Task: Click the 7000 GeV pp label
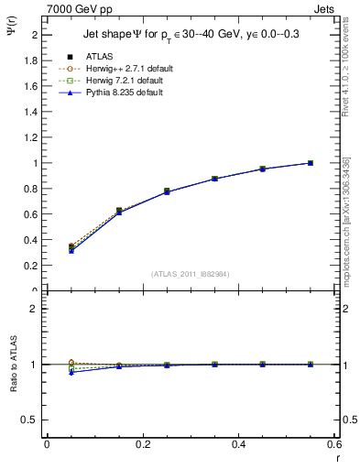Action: pos(80,8)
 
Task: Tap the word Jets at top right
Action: pos(324,8)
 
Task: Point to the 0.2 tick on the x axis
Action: pos(143,444)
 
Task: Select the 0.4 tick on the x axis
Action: pos(239,444)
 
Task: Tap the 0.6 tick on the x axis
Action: pos(334,444)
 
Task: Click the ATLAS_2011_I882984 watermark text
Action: pos(191,273)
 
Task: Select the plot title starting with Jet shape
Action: pos(191,34)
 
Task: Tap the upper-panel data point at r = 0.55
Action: pos(311,163)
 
